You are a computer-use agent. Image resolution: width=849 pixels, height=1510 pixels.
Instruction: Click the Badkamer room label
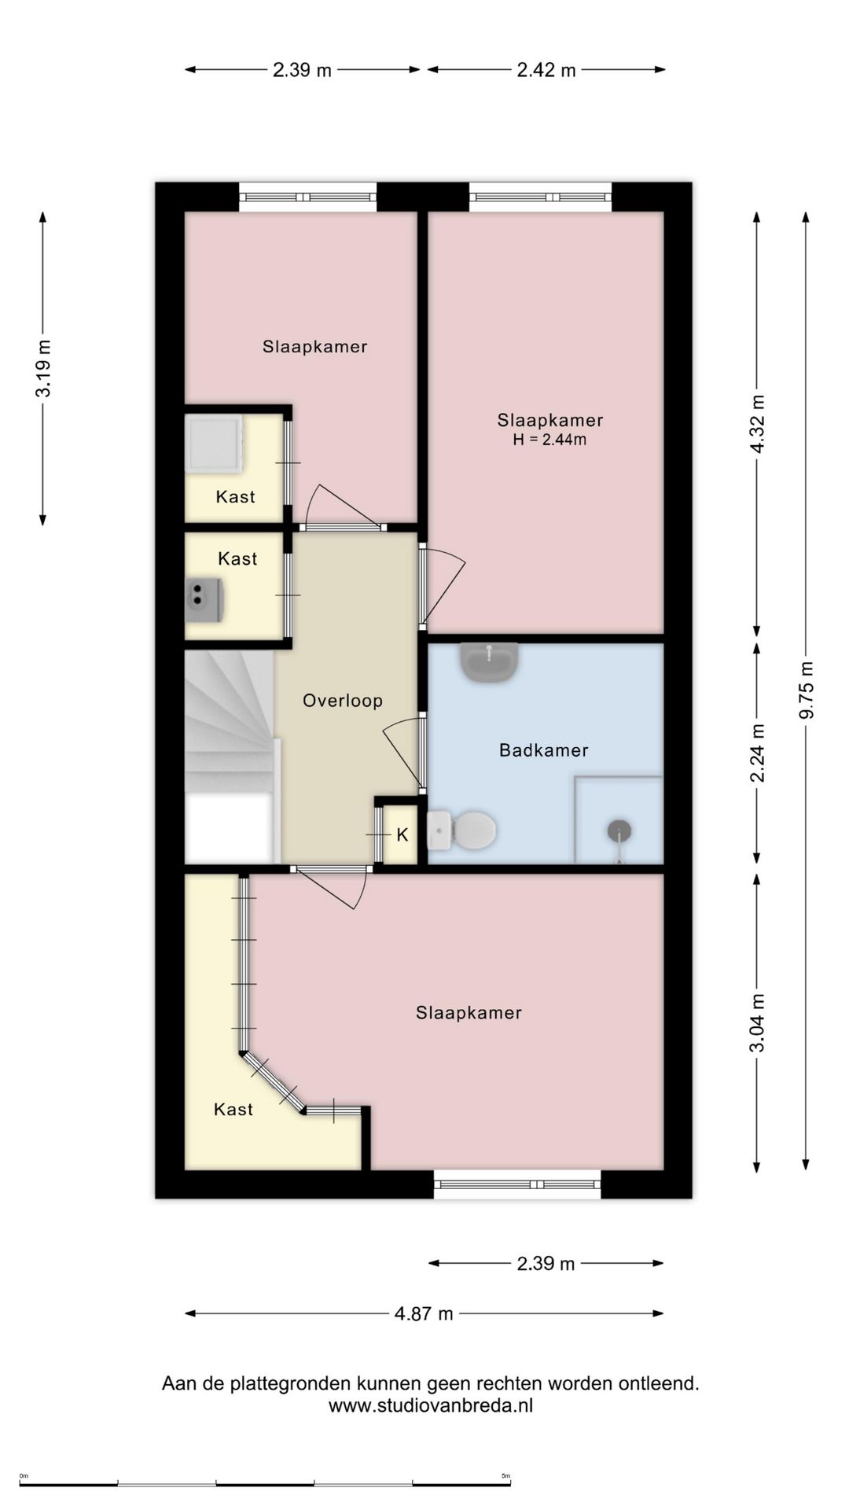pyautogui.click(x=544, y=750)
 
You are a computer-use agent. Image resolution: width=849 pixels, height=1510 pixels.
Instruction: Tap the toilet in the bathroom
pyautogui.click(x=461, y=830)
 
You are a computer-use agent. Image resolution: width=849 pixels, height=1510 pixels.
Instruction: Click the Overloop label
pyautogui.click(x=343, y=700)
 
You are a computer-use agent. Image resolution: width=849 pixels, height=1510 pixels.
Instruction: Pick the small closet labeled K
pyautogui.click(x=401, y=834)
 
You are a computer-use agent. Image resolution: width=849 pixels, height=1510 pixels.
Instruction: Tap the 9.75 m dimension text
pyautogui.click(x=806, y=690)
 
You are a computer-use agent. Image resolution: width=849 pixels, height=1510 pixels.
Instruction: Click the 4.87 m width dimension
pyautogui.click(x=424, y=1313)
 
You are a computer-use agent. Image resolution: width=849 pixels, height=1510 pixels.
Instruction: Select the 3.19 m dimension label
pyautogui.click(x=43, y=368)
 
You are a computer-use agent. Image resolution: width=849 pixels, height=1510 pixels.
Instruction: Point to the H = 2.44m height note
pyautogui.click(x=549, y=440)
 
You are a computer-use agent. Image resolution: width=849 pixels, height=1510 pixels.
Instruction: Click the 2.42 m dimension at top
pyautogui.click(x=546, y=70)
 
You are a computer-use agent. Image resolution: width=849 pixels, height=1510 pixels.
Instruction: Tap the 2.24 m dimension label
pyautogui.click(x=757, y=753)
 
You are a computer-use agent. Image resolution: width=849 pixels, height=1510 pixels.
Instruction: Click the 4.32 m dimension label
pyautogui.click(x=757, y=424)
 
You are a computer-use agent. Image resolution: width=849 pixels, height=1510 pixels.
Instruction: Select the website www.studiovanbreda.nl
pyautogui.click(x=431, y=1405)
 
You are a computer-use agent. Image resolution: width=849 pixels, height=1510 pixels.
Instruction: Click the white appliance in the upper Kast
pyautogui.click(x=214, y=444)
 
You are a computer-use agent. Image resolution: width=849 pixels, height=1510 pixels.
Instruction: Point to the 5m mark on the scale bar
pyautogui.click(x=505, y=1475)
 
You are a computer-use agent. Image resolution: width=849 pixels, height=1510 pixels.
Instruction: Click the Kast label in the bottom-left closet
pyautogui.click(x=233, y=1109)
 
